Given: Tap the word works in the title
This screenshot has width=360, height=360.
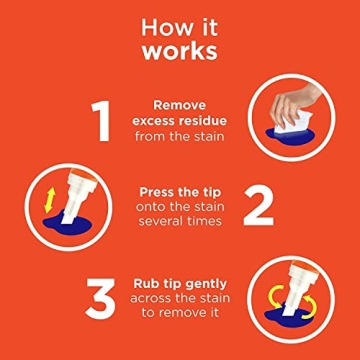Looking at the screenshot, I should pos(180,48).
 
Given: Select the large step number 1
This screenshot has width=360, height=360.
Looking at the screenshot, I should pos(102,119).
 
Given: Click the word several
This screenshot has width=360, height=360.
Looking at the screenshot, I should pos(161,221).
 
